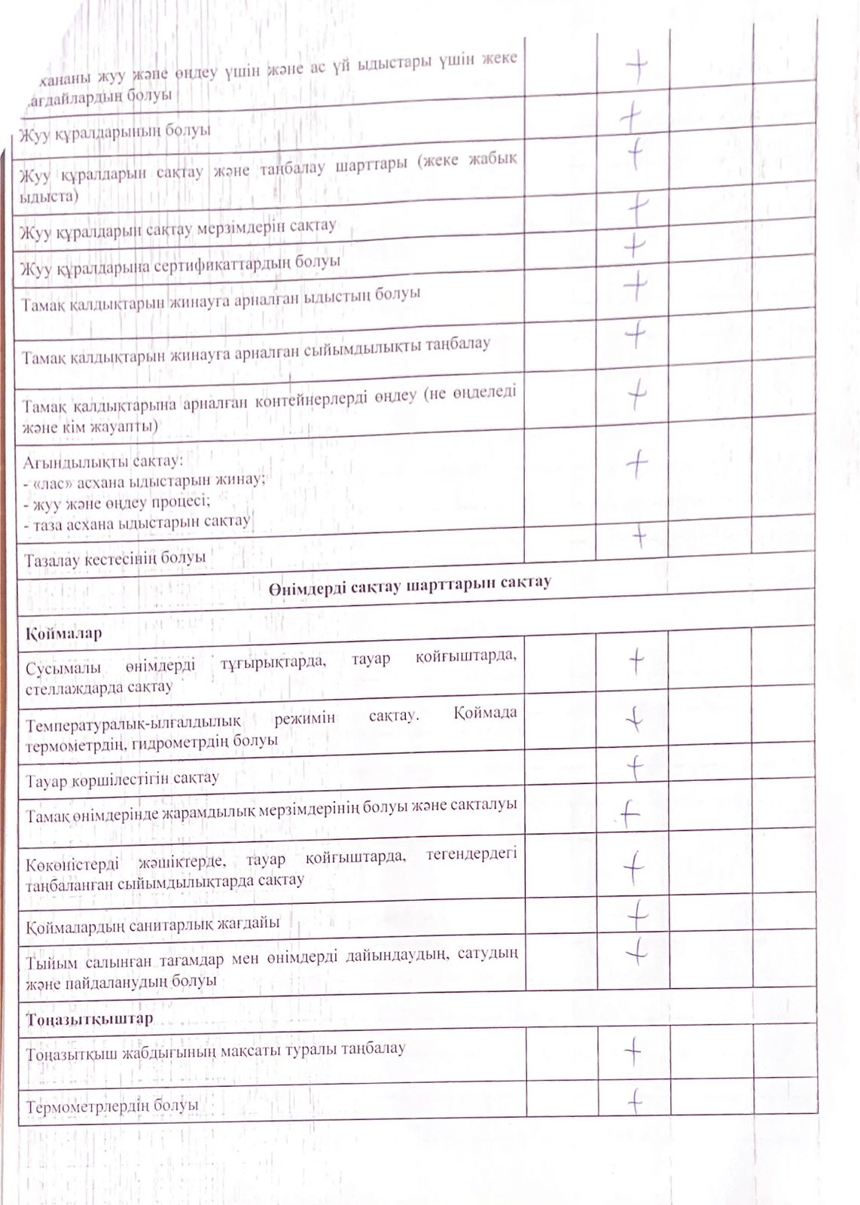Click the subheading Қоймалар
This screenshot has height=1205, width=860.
click(x=63, y=633)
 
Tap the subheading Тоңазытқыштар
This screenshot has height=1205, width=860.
click(x=90, y=1018)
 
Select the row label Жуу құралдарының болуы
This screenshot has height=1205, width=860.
click(x=115, y=131)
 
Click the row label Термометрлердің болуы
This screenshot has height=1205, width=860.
click(x=112, y=1106)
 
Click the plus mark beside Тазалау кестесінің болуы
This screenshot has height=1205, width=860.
click(x=639, y=535)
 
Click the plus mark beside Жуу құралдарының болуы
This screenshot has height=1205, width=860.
click(x=630, y=117)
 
